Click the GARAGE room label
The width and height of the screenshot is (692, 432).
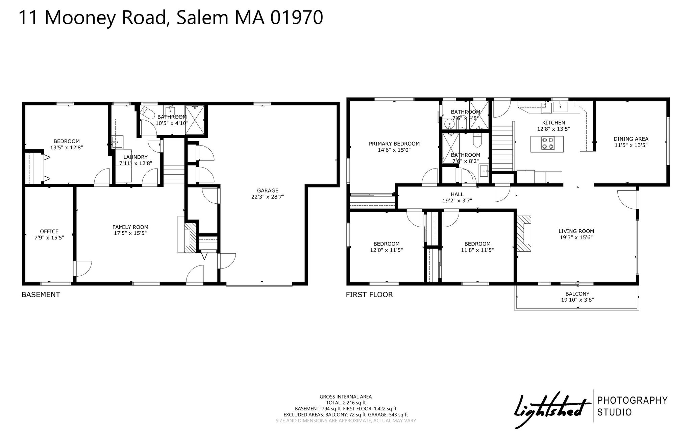268,190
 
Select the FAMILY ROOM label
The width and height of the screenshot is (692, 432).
130,227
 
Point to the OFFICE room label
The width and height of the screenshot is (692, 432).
49,231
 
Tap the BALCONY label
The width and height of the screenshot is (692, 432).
577,294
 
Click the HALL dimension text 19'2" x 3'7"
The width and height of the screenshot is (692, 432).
457,200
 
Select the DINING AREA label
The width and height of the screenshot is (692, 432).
631,139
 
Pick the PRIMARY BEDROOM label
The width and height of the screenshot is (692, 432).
394,144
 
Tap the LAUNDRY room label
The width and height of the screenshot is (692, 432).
135,157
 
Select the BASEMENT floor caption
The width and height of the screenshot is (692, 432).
41,295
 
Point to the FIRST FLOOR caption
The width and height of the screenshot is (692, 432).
369,295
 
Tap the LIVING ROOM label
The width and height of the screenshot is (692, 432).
576,231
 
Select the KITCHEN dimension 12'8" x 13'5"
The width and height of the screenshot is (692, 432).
553,129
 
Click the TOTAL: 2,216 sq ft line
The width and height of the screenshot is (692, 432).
346,403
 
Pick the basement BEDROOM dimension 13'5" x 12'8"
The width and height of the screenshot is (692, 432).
67,147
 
